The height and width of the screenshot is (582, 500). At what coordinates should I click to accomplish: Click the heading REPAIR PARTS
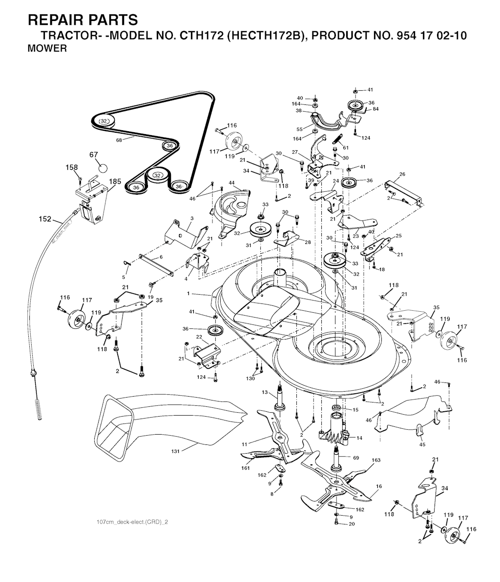[x=83, y=20]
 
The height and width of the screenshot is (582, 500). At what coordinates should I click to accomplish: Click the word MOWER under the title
[x=47, y=49]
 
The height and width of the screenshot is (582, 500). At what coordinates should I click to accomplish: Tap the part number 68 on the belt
[x=119, y=140]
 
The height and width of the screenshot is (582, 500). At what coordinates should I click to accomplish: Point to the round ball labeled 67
[x=103, y=168]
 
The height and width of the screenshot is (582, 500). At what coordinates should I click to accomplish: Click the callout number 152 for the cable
[x=45, y=219]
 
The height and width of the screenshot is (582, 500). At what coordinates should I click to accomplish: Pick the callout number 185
[x=115, y=182]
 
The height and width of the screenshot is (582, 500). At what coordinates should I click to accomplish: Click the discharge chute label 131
[x=175, y=451]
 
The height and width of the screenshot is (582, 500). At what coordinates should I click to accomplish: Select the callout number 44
[x=232, y=182]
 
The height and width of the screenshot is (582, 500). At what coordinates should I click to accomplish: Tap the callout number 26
[x=402, y=174]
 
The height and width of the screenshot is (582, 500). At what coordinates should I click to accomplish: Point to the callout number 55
[x=299, y=129]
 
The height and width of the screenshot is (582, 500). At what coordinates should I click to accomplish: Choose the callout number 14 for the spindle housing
[x=359, y=438]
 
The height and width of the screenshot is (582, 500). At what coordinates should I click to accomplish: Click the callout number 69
[x=356, y=458]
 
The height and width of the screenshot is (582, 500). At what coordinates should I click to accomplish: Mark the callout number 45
[x=422, y=444]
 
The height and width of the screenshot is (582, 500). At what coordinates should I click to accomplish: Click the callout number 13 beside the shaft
[x=265, y=392]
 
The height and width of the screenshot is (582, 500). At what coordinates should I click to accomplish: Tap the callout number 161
[x=246, y=468]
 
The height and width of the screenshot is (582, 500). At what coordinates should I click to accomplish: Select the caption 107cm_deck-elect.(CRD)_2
[x=132, y=522]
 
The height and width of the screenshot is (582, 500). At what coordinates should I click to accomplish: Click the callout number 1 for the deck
[x=188, y=294]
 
